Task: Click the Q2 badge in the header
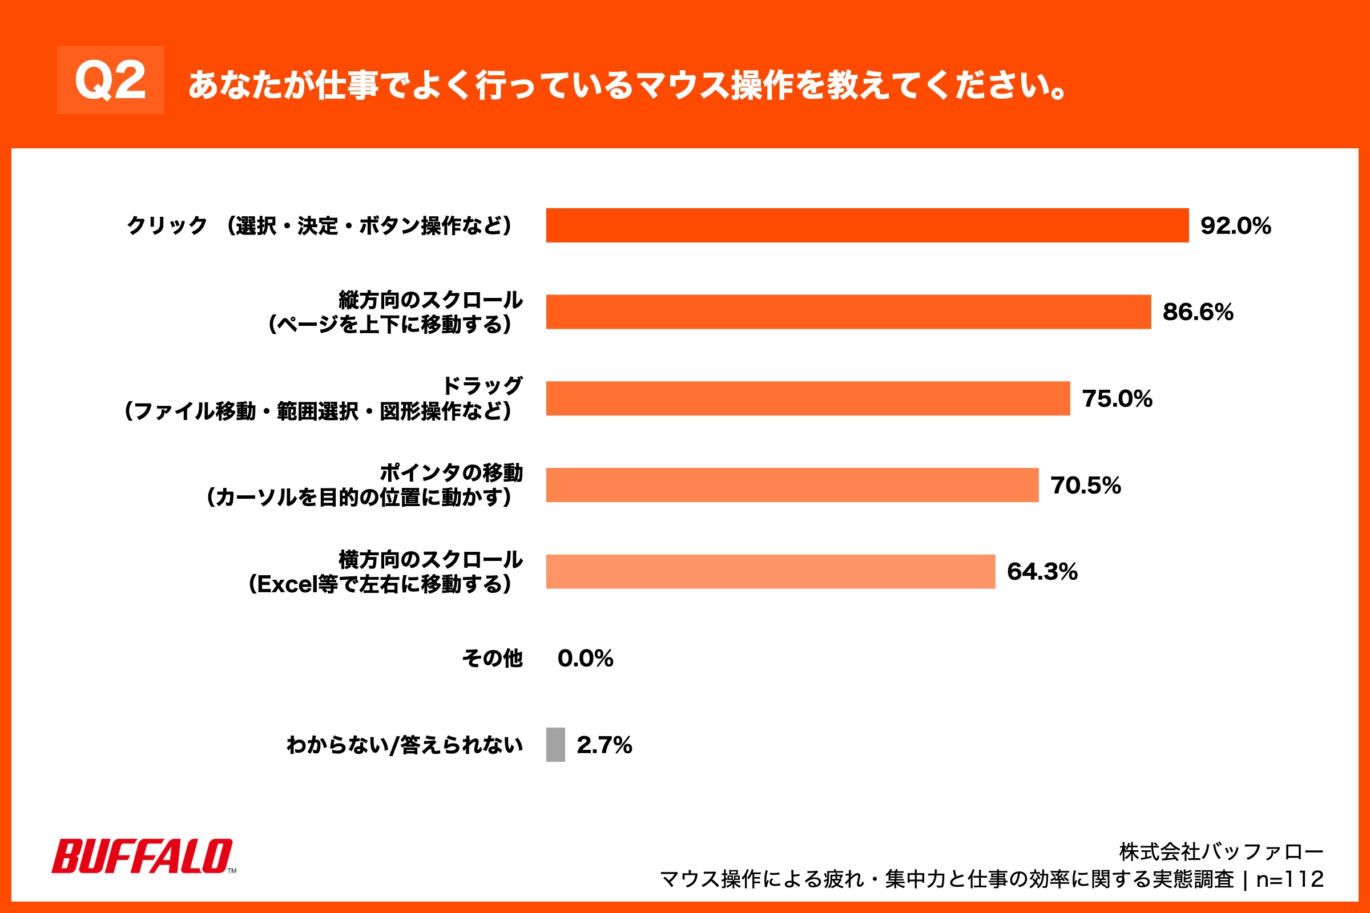click(110, 80)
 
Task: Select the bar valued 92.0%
click(867, 225)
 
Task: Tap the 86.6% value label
click(1198, 312)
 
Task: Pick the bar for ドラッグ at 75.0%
click(807, 398)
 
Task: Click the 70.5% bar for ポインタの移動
click(792, 485)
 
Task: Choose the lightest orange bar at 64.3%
click(770, 572)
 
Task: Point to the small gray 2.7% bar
click(555, 745)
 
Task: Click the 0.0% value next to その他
click(585, 659)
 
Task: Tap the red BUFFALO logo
click(143, 856)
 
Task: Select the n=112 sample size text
click(1290, 879)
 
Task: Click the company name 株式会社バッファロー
click(1221, 853)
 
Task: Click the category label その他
click(492, 659)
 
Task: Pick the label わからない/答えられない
click(404, 745)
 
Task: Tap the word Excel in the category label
click(287, 584)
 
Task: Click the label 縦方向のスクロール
click(430, 300)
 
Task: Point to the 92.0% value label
click(1235, 226)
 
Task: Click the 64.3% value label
click(1042, 572)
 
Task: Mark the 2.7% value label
click(604, 745)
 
